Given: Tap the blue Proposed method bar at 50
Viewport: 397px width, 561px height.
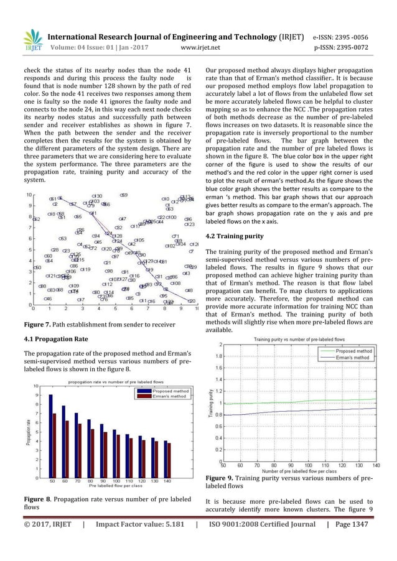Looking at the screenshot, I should click(50, 436).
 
